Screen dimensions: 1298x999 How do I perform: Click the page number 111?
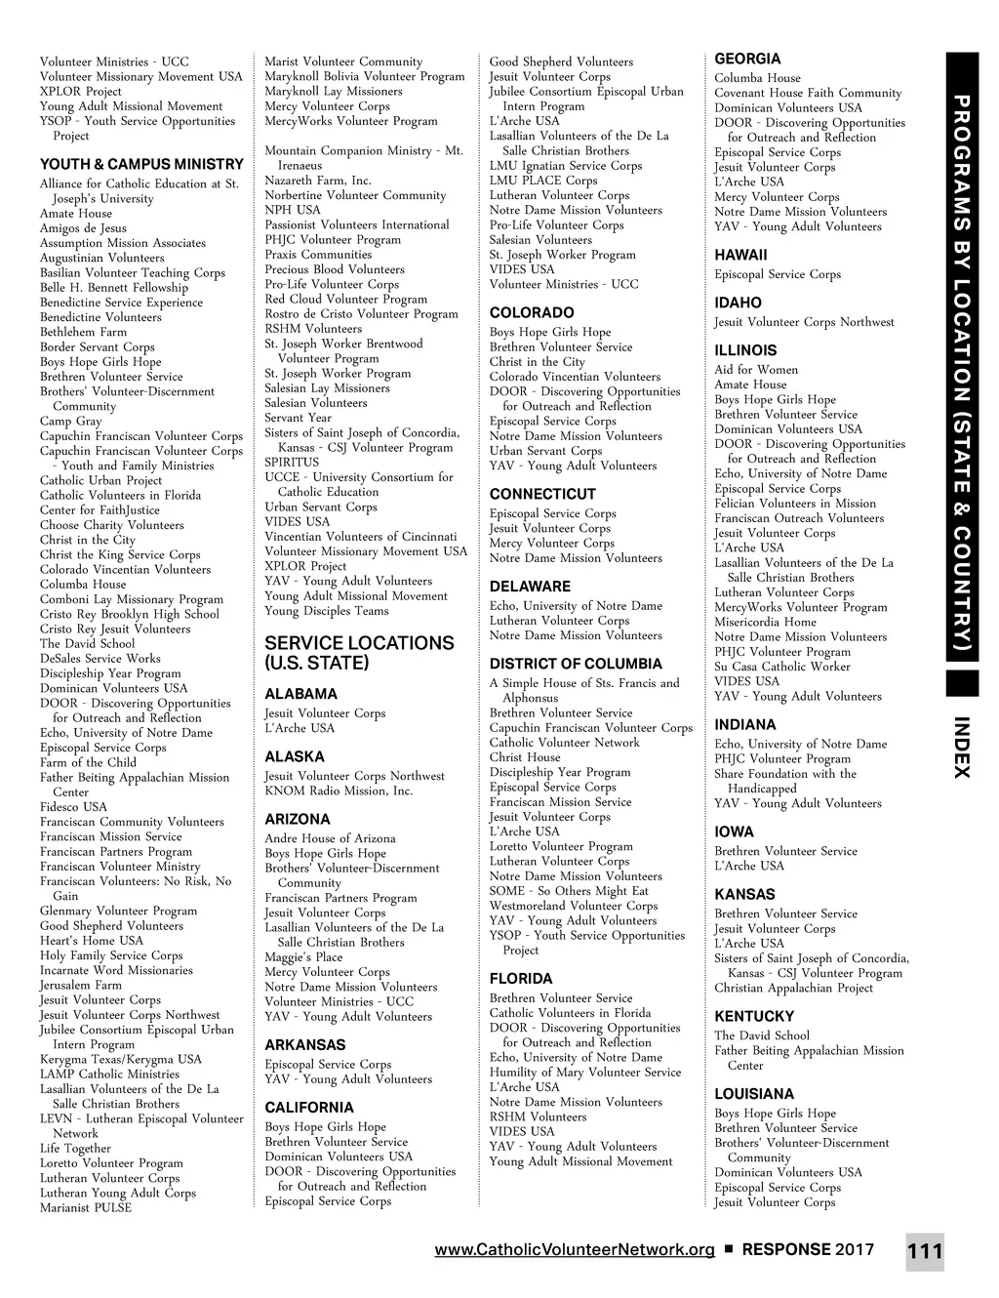(924, 1252)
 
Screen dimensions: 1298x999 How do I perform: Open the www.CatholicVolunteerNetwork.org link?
(575, 1250)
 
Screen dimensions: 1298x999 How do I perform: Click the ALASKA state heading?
(295, 756)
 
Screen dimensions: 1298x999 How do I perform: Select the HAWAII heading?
(740, 255)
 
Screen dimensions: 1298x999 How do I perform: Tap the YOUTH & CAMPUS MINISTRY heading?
(141, 164)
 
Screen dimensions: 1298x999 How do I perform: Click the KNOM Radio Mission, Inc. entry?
(339, 791)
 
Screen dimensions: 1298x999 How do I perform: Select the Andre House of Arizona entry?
(330, 838)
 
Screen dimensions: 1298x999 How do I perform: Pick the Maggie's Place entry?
(303, 957)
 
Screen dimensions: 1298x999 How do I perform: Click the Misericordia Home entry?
(765, 622)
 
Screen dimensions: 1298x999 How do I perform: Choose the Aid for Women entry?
(756, 370)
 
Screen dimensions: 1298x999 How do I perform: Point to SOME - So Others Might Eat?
(569, 891)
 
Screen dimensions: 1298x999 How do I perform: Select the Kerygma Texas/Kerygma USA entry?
(121, 1059)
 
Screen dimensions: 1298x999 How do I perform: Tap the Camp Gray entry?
(70, 421)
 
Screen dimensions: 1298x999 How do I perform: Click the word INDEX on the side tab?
(961, 748)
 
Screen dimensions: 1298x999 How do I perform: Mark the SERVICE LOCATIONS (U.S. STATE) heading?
(359, 653)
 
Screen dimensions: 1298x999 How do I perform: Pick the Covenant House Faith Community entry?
(808, 93)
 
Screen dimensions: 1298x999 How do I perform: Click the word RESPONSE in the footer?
(786, 1250)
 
